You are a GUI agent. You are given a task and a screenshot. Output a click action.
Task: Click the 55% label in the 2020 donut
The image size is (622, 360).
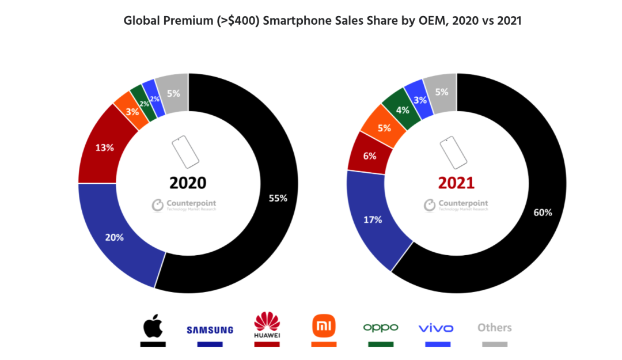[x=278, y=198]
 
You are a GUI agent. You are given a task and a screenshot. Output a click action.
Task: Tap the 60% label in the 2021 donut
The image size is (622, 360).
[x=543, y=213]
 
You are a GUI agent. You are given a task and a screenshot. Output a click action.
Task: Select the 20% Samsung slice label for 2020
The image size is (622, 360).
[x=114, y=237]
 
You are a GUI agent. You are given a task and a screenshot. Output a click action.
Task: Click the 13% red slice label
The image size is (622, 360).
[x=104, y=147]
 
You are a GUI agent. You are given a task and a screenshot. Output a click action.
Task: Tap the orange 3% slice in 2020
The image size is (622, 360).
[x=132, y=111]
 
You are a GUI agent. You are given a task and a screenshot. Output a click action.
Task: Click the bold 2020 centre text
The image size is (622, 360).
[x=188, y=183]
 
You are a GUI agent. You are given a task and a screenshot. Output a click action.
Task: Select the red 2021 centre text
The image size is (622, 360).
[x=456, y=183]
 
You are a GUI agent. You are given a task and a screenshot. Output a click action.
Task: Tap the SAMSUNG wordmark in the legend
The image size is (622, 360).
[x=210, y=330]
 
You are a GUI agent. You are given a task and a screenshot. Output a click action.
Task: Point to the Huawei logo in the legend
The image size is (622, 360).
[x=267, y=325]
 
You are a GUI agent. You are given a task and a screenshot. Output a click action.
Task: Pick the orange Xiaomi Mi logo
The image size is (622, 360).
[x=324, y=327]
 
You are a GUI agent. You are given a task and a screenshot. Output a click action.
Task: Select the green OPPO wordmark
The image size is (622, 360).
[x=381, y=328]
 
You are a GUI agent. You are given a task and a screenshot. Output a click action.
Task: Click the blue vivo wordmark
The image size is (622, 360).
[x=436, y=328]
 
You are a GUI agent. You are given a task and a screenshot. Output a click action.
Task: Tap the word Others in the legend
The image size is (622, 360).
[x=494, y=328]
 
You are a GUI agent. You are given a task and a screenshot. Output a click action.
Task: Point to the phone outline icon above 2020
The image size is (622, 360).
[x=185, y=151]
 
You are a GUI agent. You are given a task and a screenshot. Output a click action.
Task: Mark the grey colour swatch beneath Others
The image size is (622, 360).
[x=494, y=344]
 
